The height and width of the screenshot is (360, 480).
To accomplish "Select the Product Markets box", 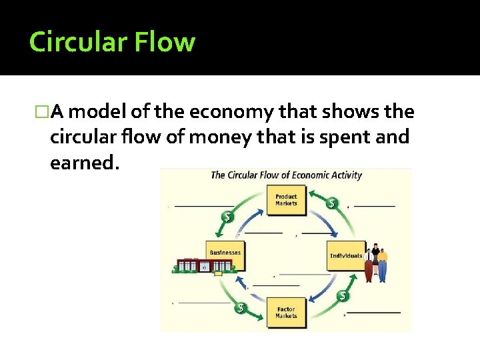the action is coord(286,200).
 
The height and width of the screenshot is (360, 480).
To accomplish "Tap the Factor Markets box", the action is coord(286,312).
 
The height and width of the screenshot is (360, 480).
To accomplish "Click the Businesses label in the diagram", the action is coord(225,253).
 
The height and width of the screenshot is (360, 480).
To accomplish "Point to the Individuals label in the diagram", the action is coord(346,255).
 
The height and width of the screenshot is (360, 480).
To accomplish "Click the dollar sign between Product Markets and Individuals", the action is coord(331,203).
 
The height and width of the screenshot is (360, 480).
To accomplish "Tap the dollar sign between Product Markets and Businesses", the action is coord(228,217).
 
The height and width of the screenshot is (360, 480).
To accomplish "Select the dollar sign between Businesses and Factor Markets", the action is coord(240,308).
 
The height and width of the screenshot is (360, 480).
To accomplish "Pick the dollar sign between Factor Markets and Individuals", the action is coord(343,295).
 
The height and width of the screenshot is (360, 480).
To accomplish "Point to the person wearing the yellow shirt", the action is coord(382,261).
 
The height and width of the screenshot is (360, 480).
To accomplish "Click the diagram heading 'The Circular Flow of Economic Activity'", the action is coord(286,175).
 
